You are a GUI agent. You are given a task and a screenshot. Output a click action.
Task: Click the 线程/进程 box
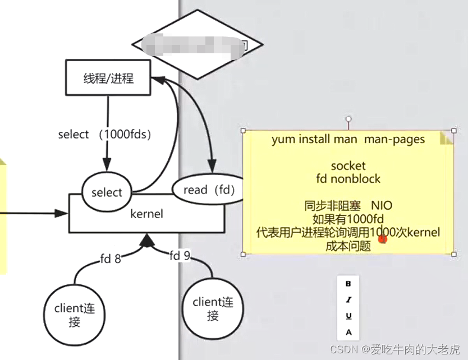tap(108, 78)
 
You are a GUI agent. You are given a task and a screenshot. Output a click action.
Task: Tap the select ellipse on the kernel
tap(106, 192)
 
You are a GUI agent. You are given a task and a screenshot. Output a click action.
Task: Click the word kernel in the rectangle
tap(146, 214)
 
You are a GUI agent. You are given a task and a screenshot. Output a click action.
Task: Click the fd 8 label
tap(110, 259)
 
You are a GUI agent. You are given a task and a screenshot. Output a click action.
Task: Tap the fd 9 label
tap(180, 256)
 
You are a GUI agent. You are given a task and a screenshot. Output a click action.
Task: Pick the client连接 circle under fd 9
tap(213, 309)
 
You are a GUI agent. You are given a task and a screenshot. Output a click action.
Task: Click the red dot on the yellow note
tap(383, 239)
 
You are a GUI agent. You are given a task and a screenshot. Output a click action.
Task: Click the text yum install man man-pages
tap(348, 139)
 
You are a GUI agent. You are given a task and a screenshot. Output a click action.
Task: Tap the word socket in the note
tap(348, 166)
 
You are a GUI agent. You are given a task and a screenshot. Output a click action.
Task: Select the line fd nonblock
tap(348, 179)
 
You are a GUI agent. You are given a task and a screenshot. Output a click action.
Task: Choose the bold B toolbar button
tap(348, 284)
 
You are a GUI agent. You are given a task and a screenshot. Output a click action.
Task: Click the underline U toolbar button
tap(348, 316)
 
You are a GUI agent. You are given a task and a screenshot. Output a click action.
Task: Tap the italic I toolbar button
tap(348, 299)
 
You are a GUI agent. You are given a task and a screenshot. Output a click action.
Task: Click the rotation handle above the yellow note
tap(348, 119)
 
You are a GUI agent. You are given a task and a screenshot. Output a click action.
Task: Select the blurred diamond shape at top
tap(198, 44)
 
